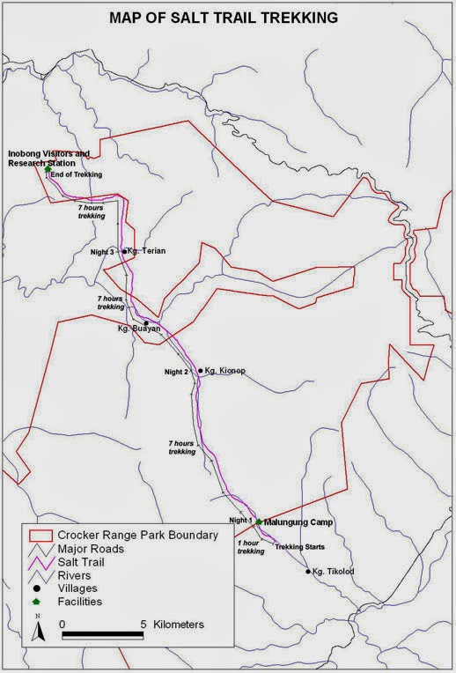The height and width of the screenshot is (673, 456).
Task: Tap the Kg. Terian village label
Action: point(146,251)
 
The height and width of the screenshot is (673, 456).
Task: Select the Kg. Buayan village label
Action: point(139,329)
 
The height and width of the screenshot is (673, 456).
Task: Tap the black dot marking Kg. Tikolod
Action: point(308,572)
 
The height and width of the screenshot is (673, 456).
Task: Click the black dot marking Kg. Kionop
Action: point(201,371)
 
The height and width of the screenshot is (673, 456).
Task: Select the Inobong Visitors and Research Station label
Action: point(49,159)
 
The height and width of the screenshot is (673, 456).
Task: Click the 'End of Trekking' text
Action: point(77,174)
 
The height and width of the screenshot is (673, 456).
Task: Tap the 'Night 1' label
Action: point(239,521)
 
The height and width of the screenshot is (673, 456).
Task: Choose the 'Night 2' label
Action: point(176,372)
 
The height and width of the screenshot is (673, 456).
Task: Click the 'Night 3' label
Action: point(103,252)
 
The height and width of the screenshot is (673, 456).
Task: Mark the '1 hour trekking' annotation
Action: point(251,547)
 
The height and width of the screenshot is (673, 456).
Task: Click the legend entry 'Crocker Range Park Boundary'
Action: point(137,535)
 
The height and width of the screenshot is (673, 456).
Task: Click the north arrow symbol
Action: point(39,631)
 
